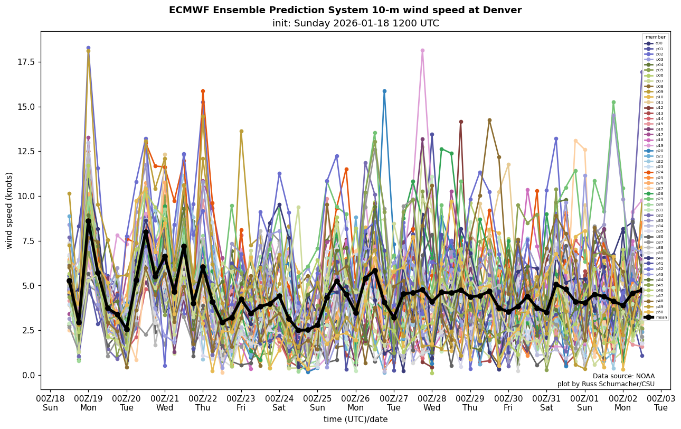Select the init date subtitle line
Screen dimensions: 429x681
[x=355, y=23]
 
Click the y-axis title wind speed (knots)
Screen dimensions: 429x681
[x=9, y=210]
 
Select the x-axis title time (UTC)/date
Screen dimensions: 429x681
[x=355, y=419]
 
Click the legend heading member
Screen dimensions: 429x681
[x=655, y=37]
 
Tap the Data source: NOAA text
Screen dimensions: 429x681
[x=623, y=376]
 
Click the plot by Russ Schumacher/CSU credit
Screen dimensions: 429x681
[x=606, y=384]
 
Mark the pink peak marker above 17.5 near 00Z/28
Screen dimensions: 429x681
[x=422, y=51]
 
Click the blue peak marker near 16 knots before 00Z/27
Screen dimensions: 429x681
[x=384, y=91]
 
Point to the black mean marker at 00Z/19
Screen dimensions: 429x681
[x=88, y=221]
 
